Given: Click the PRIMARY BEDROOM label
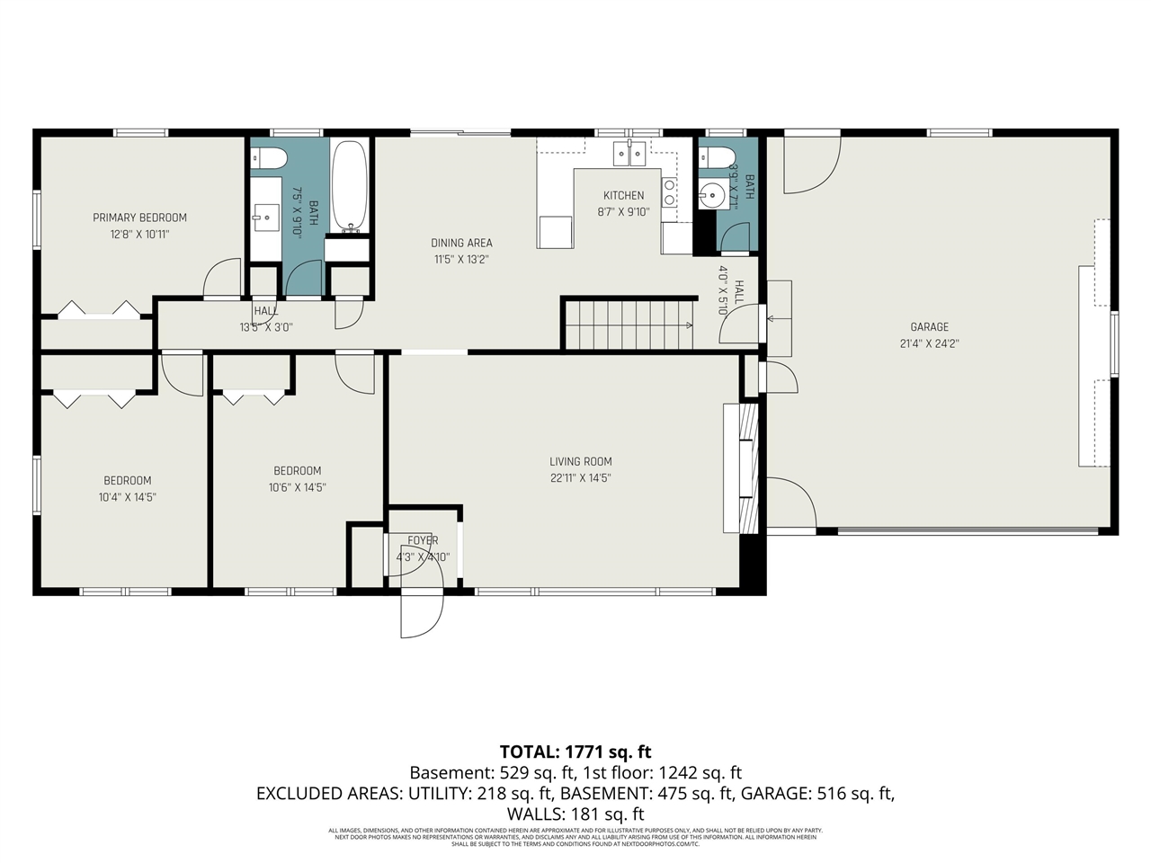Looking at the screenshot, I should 139,218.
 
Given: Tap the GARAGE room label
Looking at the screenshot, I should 929,327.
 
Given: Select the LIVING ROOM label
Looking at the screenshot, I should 580,462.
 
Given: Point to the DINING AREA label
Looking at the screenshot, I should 461,243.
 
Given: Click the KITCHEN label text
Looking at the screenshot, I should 623,196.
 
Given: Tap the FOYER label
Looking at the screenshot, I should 423,540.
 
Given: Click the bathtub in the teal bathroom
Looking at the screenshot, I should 349,185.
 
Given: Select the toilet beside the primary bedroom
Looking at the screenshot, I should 268,159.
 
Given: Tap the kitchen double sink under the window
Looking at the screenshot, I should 629,155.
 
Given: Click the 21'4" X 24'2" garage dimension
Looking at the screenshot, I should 929,343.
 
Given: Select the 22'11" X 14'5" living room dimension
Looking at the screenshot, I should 580,478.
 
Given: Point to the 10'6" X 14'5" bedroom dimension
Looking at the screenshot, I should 297,487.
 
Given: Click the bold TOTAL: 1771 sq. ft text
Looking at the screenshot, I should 575,752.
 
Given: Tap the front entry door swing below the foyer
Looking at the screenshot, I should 421,617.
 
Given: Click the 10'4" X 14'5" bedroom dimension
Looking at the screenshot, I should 127,497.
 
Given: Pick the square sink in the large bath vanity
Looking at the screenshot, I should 267,216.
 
